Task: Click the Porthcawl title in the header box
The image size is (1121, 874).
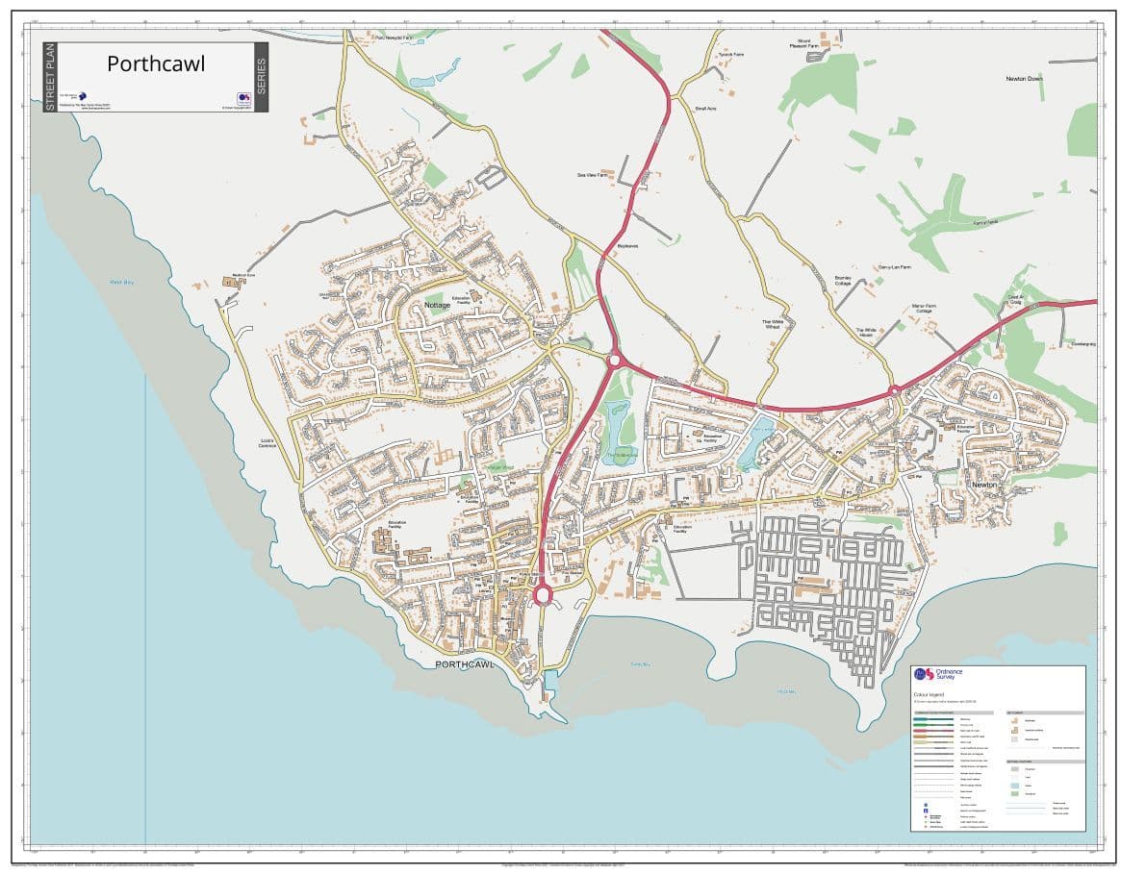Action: [x=156, y=63]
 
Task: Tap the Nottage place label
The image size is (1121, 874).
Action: [x=437, y=305]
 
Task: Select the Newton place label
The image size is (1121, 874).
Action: [x=984, y=486]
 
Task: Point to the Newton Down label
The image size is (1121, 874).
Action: [x=1024, y=79]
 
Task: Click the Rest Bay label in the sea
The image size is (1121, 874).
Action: [x=121, y=282]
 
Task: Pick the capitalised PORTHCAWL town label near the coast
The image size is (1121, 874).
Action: [x=464, y=664]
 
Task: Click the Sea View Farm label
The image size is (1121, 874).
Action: [x=592, y=175]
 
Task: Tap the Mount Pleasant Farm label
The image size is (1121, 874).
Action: [x=803, y=44]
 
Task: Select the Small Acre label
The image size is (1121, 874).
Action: [x=705, y=109]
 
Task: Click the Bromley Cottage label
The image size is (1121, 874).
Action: [x=843, y=281]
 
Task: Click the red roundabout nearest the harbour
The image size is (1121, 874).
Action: [x=542, y=595]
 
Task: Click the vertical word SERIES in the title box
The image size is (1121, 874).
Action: [x=261, y=77]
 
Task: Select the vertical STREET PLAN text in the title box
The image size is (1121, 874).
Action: [x=50, y=77]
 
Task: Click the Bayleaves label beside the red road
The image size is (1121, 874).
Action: [x=627, y=246]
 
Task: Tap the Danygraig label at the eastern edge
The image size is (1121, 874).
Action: [x=1083, y=344]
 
